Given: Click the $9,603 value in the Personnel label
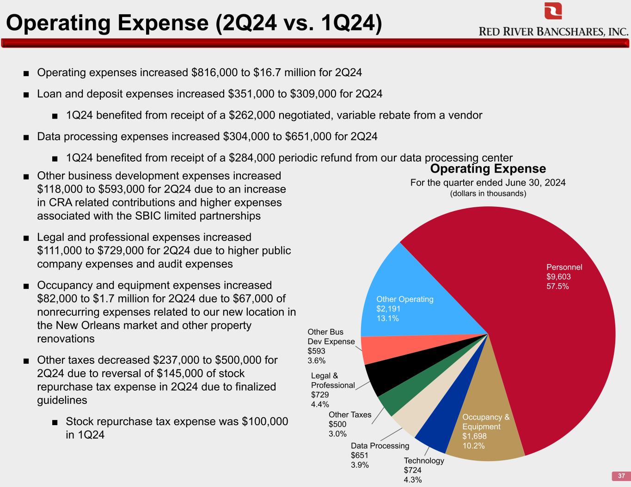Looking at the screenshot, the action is tap(558, 277).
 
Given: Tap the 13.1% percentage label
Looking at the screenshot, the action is tap(388, 319).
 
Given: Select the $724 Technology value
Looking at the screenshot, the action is tap(412, 470).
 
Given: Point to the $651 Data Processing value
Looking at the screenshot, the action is tap(360, 456).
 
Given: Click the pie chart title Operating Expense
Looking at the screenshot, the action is tap(488, 168).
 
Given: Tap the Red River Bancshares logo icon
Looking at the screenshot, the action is tap(553, 11).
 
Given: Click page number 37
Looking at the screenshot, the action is tap(621, 476).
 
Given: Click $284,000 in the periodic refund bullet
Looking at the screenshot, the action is tap(252, 158).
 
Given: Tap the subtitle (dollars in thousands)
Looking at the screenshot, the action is tap(488, 193).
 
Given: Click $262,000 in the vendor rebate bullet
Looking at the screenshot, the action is tap(252, 115).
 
